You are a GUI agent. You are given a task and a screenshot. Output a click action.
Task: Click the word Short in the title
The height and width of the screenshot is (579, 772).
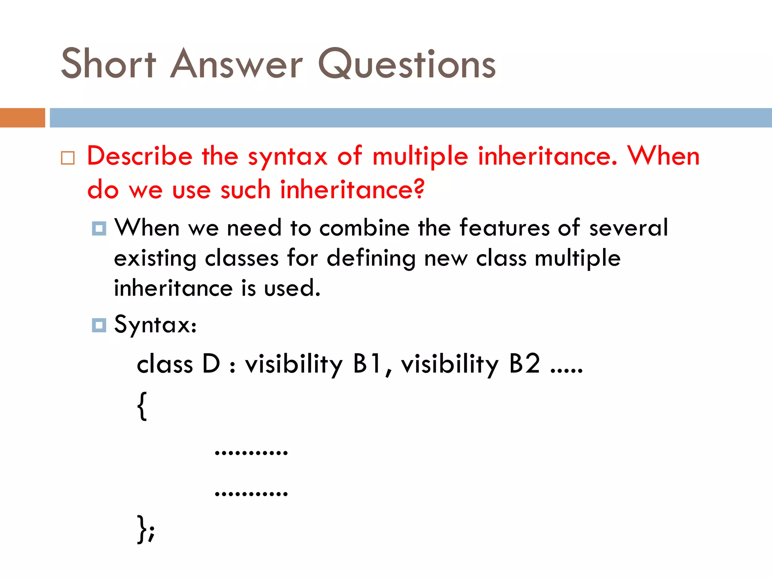click(x=108, y=64)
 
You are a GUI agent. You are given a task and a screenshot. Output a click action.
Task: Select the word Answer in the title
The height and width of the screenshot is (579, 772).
click(x=236, y=64)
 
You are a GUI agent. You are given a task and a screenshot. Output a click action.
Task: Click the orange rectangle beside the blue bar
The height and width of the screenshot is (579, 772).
click(x=22, y=118)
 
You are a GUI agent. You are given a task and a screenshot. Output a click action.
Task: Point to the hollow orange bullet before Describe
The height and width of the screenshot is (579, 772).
click(x=68, y=158)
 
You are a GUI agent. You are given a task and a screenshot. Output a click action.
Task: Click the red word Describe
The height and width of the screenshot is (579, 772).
click(x=139, y=156)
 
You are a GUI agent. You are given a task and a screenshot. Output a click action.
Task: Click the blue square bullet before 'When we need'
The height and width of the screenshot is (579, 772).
click(x=99, y=228)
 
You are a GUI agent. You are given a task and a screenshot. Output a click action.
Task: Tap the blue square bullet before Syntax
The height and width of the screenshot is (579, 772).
click(x=99, y=325)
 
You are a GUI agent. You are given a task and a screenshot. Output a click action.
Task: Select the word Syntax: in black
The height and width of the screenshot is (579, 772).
click(x=155, y=325)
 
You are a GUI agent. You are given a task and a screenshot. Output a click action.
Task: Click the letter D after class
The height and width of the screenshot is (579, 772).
click(x=211, y=364)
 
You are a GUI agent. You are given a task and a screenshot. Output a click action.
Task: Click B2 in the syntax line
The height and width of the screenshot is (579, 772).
click(x=524, y=364)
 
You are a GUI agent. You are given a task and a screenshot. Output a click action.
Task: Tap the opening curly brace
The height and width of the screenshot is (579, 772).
click(x=142, y=406)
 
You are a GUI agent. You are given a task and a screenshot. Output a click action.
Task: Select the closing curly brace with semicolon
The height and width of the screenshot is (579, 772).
click(x=146, y=529)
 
